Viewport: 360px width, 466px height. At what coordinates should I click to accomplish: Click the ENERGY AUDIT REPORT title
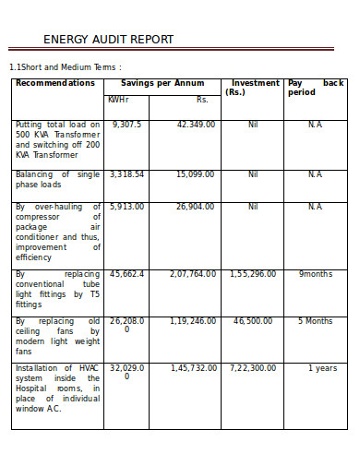[x=108, y=39]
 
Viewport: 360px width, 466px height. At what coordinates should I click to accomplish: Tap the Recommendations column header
[x=55, y=83]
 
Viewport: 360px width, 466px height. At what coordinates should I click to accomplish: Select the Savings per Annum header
[x=162, y=83]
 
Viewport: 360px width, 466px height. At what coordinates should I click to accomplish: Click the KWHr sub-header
[x=118, y=100]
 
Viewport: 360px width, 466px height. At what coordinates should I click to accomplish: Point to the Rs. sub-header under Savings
[x=202, y=100]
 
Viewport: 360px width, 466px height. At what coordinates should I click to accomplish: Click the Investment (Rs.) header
[x=253, y=87]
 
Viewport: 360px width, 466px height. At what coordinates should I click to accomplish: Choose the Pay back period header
[x=315, y=87]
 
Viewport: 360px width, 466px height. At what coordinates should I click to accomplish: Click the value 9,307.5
[x=126, y=124]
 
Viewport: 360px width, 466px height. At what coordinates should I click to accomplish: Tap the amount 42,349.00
[x=196, y=124]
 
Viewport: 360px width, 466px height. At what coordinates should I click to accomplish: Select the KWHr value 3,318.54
[x=126, y=173]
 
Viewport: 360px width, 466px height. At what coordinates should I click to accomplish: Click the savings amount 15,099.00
[x=196, y=173]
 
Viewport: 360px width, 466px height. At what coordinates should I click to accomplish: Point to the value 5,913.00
[x=126, y=207]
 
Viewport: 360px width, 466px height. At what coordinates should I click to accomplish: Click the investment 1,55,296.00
[x=252, y=274]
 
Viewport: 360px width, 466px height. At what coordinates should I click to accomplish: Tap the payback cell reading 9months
[x=315, y=274]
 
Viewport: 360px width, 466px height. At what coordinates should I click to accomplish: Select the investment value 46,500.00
[x=252, y=321]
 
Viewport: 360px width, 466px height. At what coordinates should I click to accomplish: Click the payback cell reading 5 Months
[x=315, y=321]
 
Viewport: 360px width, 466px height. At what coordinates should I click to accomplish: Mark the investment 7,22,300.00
[x=252, y=368]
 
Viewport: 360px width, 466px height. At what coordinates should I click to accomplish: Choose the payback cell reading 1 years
[x=322, y=368]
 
